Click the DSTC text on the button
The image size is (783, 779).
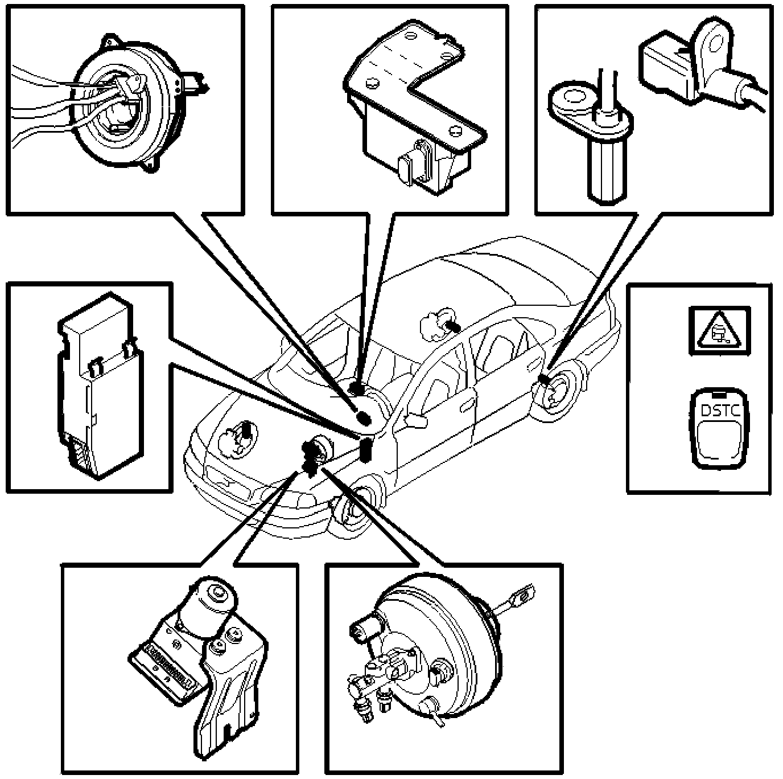(x=719, y=411)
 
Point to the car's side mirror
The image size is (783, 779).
(x=418, y=420)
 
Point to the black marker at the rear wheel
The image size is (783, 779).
(x=545, y=380)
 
